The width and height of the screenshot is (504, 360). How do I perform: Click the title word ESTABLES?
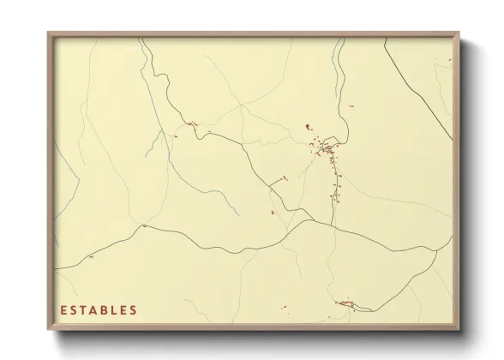[98, 309]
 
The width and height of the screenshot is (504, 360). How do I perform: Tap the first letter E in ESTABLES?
[63, 309]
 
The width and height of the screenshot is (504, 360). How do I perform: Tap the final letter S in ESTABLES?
[133, 309]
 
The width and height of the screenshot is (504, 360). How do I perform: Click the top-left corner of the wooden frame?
[48, 33]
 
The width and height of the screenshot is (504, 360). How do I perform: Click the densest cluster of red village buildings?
[327, 151]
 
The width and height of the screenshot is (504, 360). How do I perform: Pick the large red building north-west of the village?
[307, 129]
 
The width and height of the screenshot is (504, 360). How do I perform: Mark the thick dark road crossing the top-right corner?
[420, 90]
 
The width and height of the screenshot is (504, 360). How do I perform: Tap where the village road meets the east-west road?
[333, 226]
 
